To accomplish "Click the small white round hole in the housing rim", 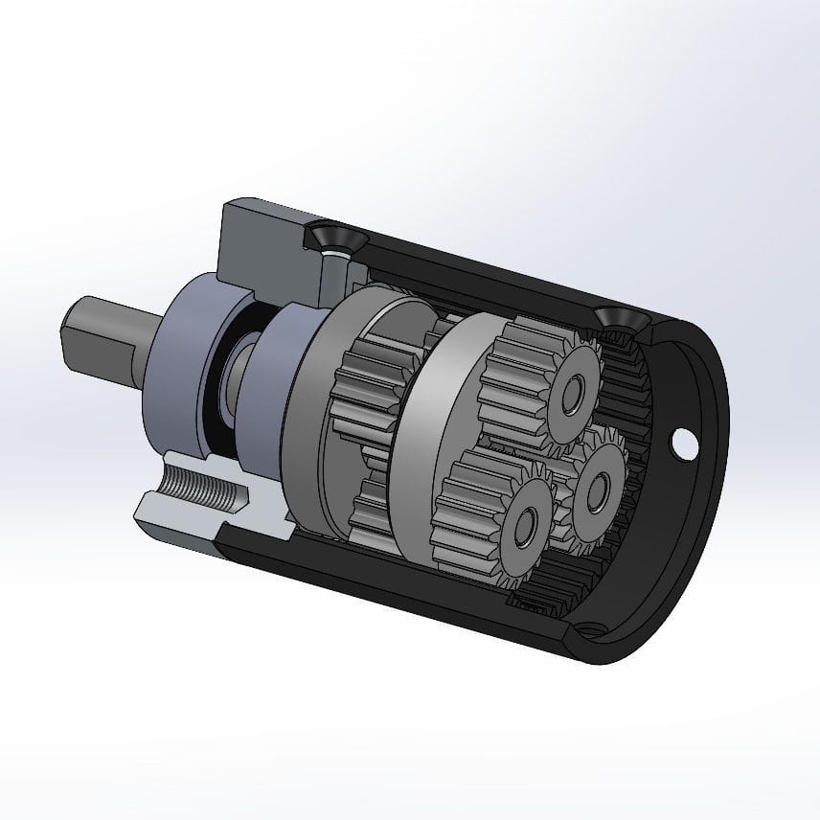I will [686, 444].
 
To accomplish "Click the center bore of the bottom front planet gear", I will [524, 526].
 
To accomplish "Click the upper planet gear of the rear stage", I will [369, 378].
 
